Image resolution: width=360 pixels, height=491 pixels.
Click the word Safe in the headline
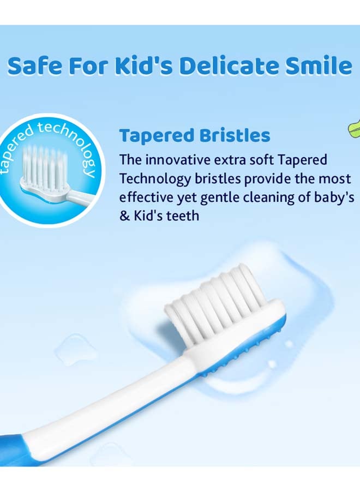pyautogui.click(x=35, y=67)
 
